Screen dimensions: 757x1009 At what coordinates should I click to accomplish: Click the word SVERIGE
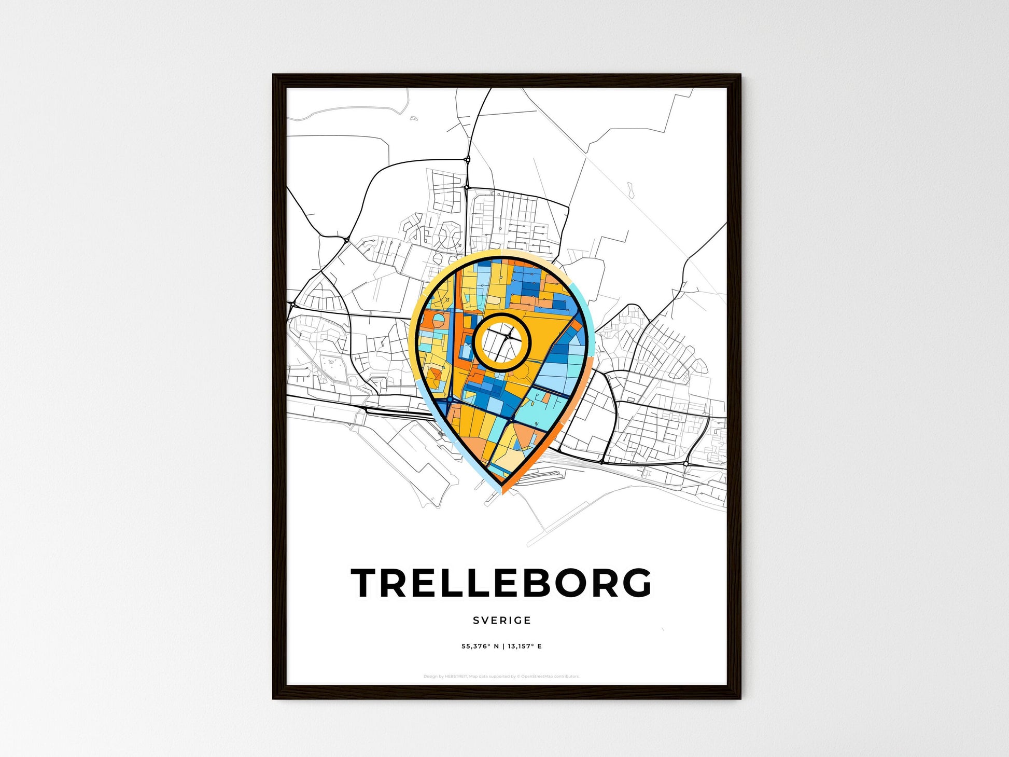tap(502, 620)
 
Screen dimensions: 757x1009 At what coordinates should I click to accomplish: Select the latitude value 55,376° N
tap(480, 646)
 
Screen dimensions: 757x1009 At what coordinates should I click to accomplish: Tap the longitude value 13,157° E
tap(525, 646)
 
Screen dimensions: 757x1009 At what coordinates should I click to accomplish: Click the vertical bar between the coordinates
tap(503, 646)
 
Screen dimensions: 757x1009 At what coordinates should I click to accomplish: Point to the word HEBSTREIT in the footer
tap(456, 677)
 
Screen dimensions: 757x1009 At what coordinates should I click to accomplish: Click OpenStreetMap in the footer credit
tap(536, 677)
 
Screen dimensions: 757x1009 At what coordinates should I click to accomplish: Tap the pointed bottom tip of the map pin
tap(502, 491)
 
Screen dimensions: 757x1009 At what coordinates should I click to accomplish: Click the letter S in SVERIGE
tap(475, 620)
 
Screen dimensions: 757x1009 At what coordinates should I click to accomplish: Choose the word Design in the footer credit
tap(429, 677)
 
